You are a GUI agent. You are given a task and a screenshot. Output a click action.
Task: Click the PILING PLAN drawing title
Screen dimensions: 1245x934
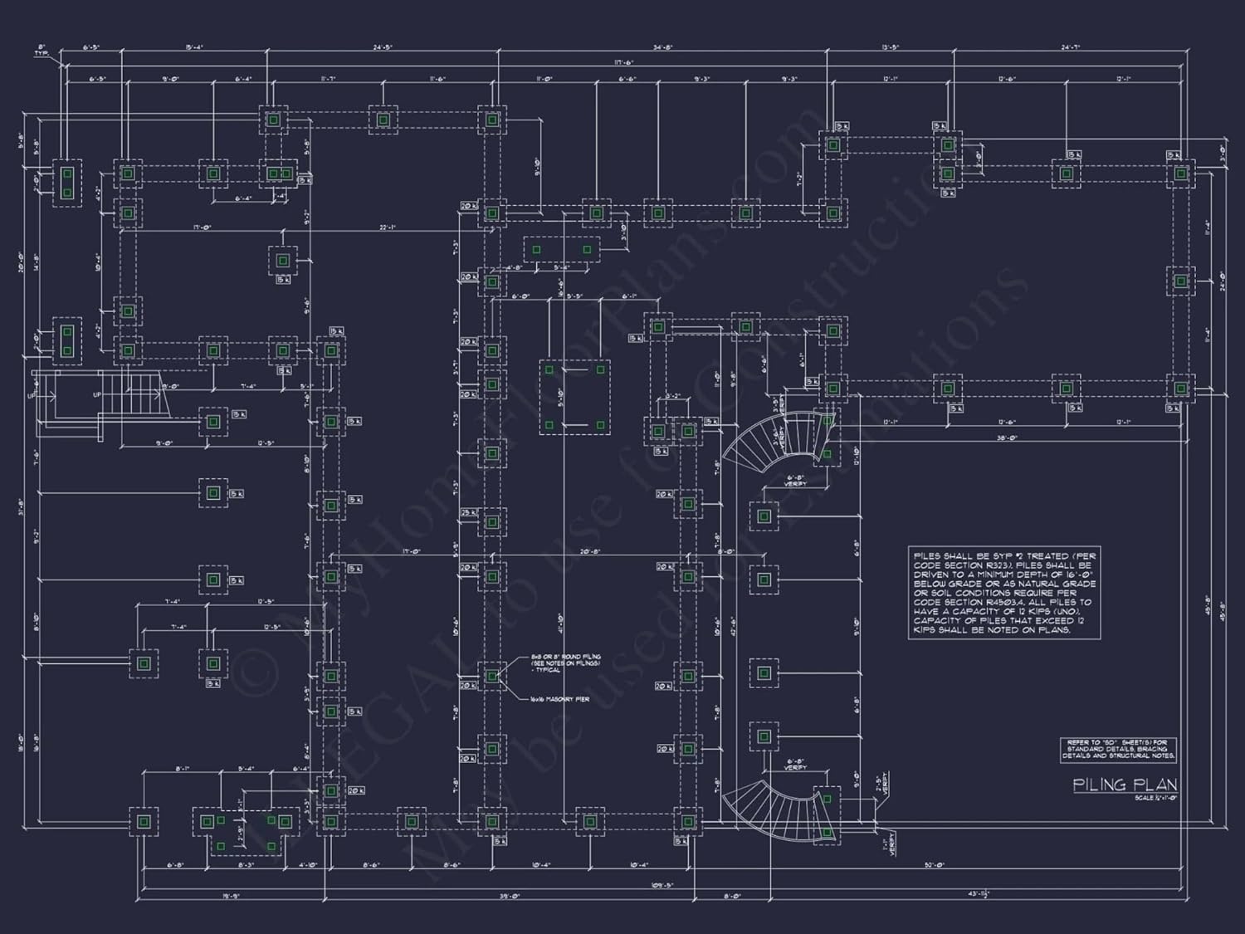(1125, 785)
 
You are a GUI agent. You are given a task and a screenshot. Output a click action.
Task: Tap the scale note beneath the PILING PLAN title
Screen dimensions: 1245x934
(1156, 799)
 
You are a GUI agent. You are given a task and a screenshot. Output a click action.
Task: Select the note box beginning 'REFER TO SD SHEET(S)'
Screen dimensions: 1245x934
(1117, 750)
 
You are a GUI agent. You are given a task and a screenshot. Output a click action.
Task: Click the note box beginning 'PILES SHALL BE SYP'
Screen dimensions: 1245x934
(1004, 593)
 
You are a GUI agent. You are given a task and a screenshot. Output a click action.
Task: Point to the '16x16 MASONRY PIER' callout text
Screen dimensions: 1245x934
(559, 700)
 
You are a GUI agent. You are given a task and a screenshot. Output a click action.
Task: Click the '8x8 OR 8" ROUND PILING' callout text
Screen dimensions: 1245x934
(566, 663)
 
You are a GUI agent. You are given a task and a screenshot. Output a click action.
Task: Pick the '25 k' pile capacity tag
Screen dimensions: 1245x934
(469, 513)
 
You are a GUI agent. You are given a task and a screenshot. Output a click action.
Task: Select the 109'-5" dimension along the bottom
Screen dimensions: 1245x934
(662, 886)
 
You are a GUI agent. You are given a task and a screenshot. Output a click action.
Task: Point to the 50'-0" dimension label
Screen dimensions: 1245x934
(935, 865)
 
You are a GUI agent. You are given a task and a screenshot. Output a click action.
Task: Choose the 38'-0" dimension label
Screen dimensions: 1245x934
(1007, 438)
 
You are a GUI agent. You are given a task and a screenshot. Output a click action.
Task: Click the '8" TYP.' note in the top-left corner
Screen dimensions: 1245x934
(41, 51)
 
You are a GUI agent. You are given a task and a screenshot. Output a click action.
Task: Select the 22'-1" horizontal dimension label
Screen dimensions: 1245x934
(388, 227)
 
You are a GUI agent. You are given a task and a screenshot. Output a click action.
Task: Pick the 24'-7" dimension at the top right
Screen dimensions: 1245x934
(1072, 47)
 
